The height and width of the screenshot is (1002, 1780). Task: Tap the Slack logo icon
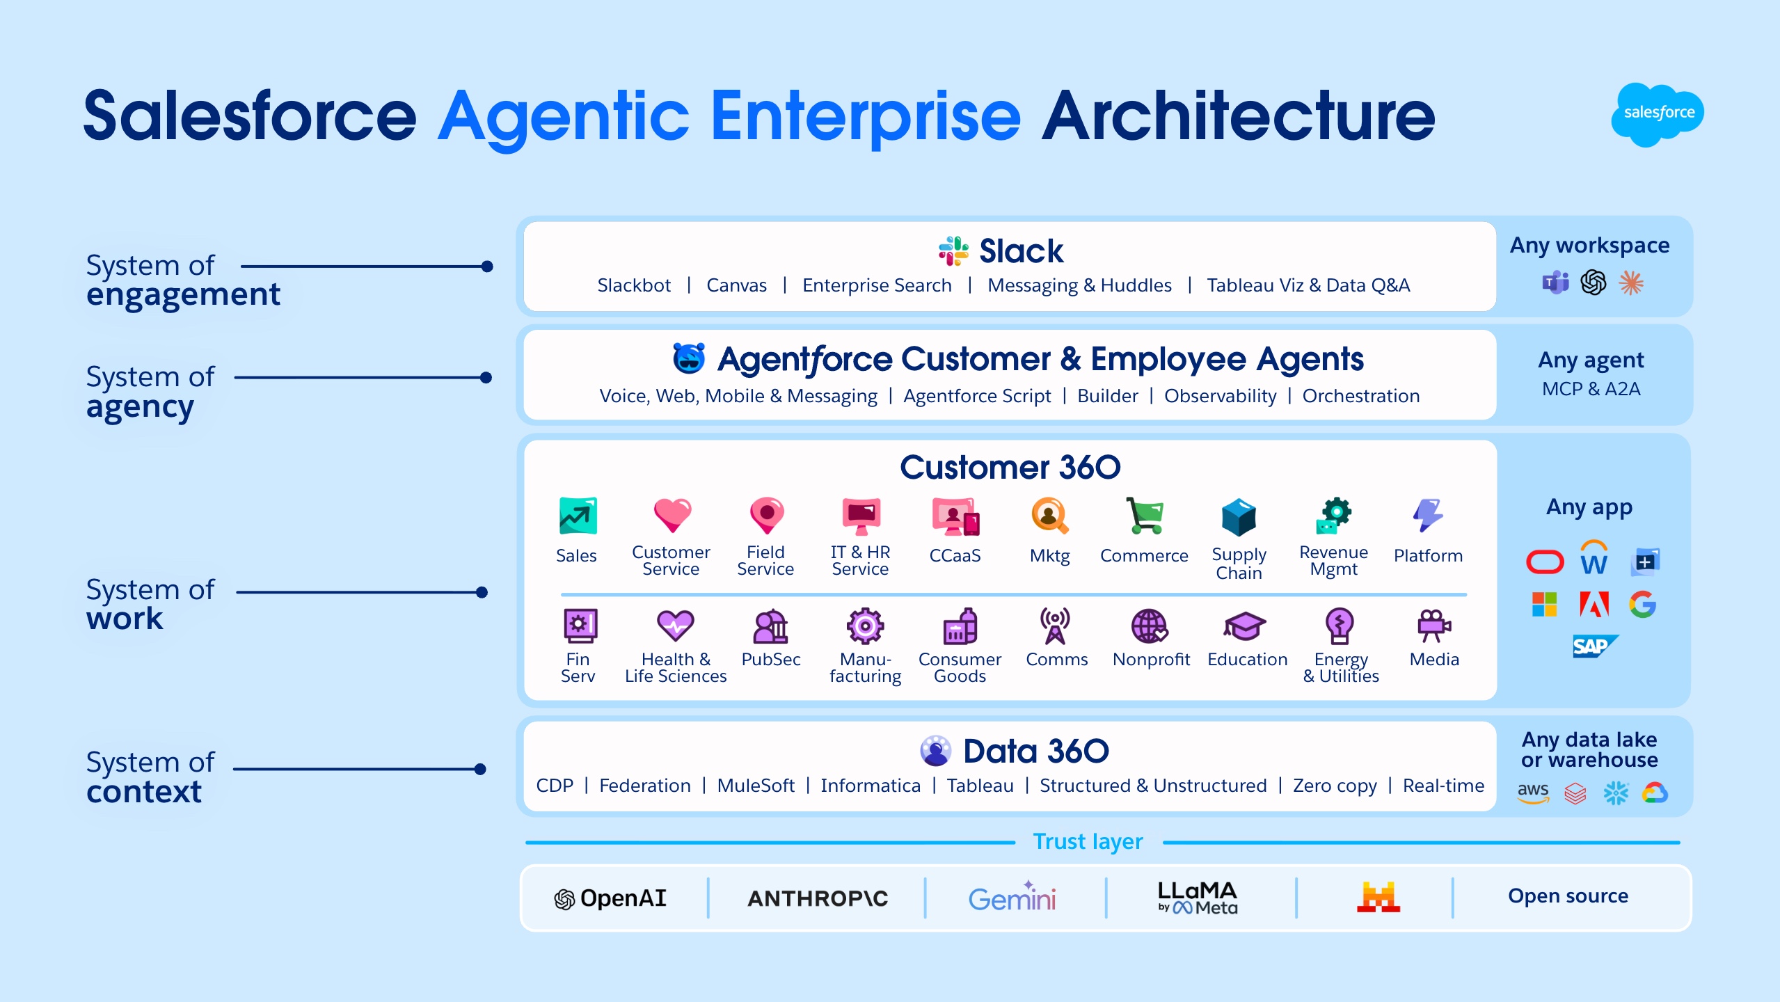(953, 251)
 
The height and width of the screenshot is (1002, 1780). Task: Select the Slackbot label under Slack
(633, 285)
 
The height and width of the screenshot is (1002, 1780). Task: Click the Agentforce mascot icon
(689, 358)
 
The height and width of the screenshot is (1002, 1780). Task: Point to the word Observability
(1220, 396)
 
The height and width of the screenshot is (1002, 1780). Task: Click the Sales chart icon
(578, 516)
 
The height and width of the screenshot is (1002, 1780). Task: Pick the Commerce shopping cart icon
(1144, 516)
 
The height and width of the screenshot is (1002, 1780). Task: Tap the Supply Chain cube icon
(1239, 517)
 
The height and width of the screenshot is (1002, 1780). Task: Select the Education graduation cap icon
(1245, 626)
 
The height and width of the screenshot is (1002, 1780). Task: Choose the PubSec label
(770, 660)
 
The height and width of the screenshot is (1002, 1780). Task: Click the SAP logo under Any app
(1594, 646)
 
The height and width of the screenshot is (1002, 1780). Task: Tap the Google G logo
(1642, 604)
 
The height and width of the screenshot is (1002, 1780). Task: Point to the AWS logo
(1533, 792)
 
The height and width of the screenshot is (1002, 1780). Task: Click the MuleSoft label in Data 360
(756, 786)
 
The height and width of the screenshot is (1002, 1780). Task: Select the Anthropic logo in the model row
(818, 898)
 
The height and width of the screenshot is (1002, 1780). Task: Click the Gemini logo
(1012, 898)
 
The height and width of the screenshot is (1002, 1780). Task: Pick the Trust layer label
(1088, 841)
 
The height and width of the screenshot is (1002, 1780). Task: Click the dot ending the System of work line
(482, 592)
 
